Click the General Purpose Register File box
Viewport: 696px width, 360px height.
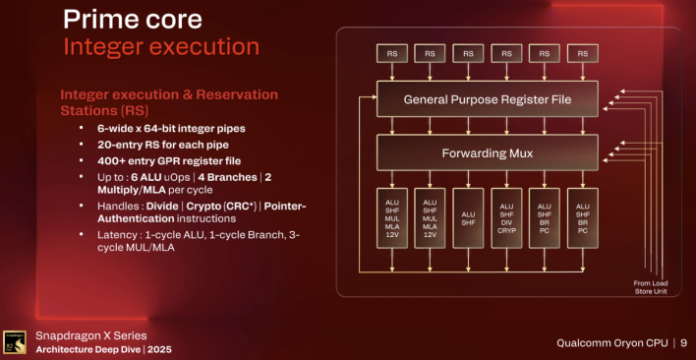point(488,99)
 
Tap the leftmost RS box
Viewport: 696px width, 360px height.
point(392,53)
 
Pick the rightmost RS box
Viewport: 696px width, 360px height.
point(583,53)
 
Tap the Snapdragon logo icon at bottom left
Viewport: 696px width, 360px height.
point(15,341)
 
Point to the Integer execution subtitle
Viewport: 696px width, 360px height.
point(161,46)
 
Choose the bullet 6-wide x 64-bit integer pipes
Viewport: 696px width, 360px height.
point(169,128)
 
